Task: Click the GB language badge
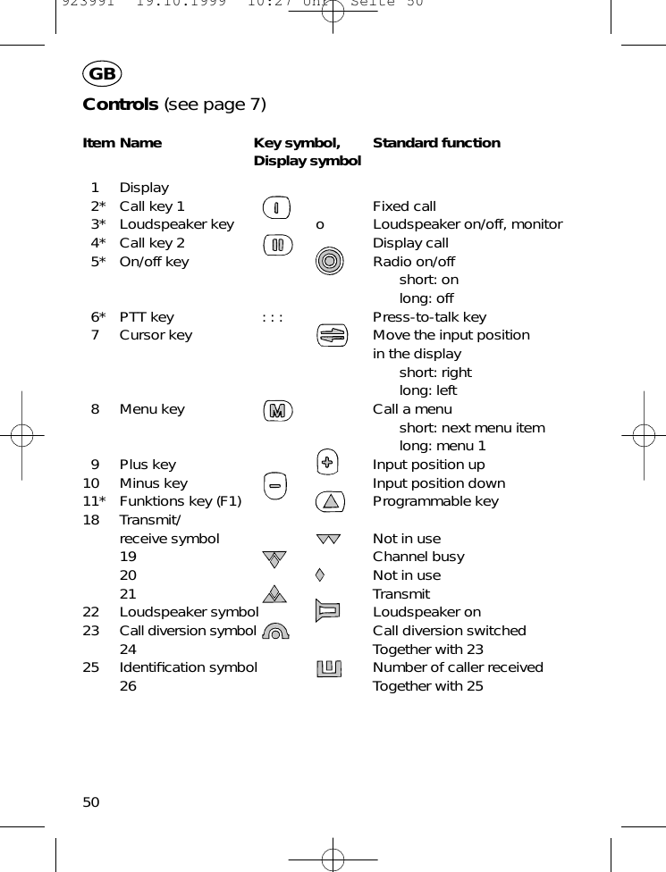pos(102,74)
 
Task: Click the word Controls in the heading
pos(120,105)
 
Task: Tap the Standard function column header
pos(436,143)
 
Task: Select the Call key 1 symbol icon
pos(277,207)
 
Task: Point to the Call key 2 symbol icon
pos(277,244)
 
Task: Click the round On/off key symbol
pos(330,261)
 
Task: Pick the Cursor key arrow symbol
pos(331,336)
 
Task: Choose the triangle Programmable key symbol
pos(331,501)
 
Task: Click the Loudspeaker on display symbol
pos(328,612)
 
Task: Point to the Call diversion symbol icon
pos(277,631)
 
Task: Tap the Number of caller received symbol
pos(329,667)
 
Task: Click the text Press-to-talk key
pos(429,317)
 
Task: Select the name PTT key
pos(147,317)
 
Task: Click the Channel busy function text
pos(418,557)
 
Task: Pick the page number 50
pos(91,802)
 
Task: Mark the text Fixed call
pos(404,206)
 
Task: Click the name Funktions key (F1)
pos(181,501)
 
